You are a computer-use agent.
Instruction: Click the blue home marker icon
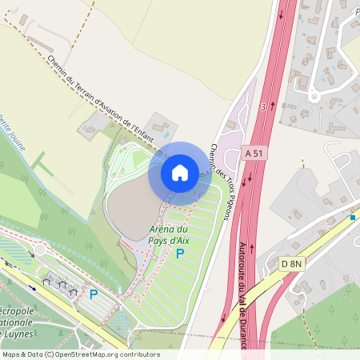point(180,172)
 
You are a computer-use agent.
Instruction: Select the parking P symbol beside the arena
point(180,254)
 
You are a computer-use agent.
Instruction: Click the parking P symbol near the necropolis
point(94,294)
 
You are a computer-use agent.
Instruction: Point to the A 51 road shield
point(254,152)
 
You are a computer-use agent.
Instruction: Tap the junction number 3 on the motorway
point(263,106)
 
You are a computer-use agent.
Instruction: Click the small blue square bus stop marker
point(353,217)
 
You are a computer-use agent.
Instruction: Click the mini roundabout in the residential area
point(314,97)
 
